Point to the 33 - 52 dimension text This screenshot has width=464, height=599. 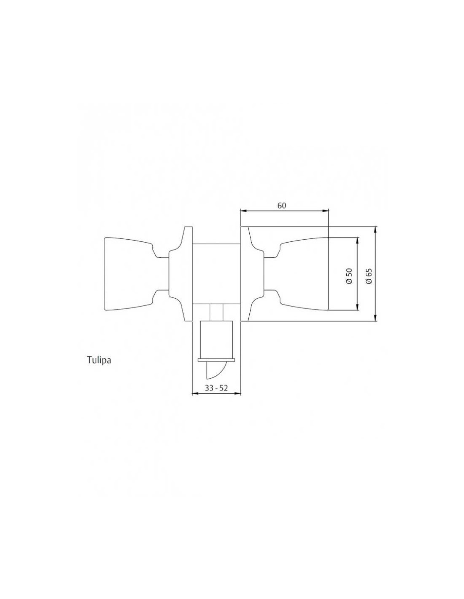(216, 388)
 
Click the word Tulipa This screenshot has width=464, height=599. (99, 360)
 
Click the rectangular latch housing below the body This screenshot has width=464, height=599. (216, 340)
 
